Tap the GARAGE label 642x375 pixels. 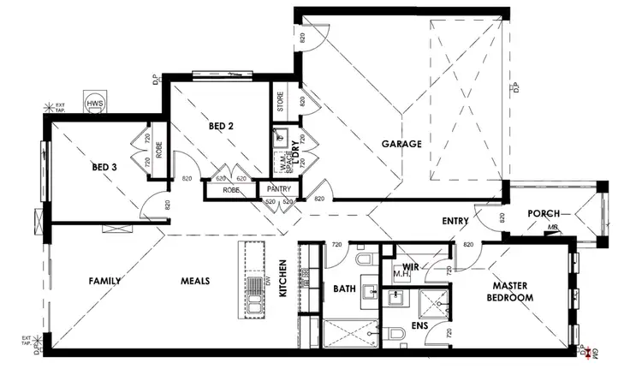click(401, 144)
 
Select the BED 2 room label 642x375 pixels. click(221, 127)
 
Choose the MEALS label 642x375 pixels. click(195, 281)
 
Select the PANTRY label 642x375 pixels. click(279, 188)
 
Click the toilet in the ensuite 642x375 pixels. click(393, 332)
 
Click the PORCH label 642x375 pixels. click(544, 213)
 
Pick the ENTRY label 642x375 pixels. click(455, 221)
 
